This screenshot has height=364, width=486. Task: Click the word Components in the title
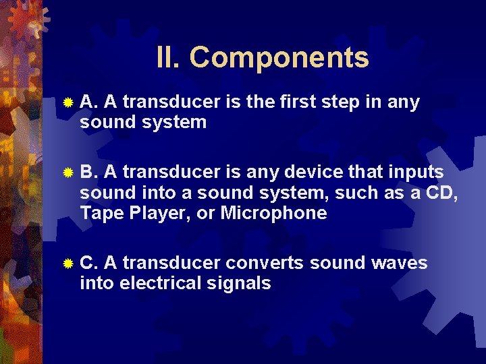279,57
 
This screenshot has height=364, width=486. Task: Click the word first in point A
298,102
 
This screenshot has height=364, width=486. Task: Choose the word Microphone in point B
273,214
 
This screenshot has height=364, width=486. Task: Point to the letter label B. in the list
89,172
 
